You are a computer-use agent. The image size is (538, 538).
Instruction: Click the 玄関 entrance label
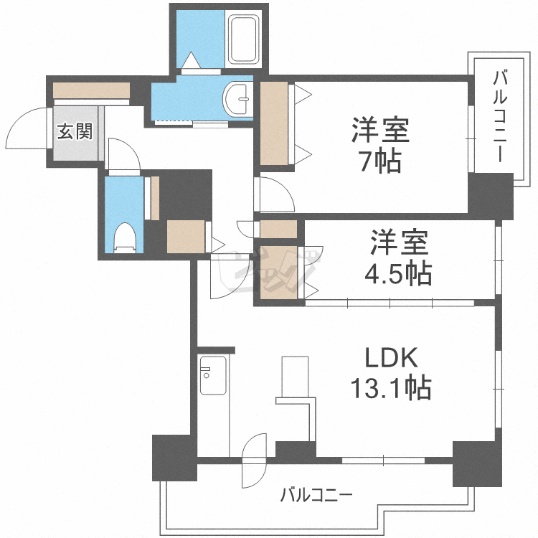[75, 131]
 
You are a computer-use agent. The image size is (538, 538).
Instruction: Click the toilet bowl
[126, 237]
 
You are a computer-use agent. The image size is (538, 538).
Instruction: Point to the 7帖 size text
[380, 162]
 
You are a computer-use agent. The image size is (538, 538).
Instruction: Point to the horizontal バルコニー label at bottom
[316, 495]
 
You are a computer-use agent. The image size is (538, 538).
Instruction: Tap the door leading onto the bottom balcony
[255, 460]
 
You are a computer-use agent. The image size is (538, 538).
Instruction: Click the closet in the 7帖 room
[273, 125]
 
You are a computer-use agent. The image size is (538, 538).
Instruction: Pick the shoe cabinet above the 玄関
[90, 91]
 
